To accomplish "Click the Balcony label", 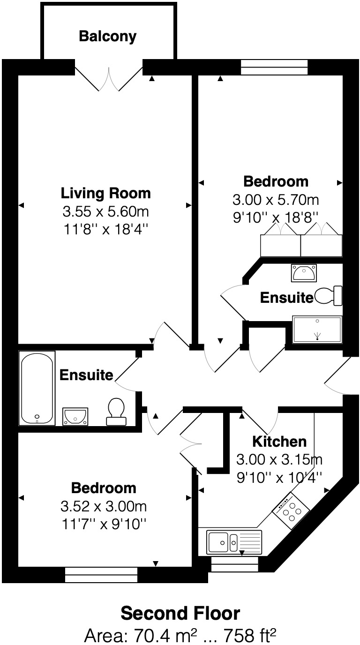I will click(108, 36).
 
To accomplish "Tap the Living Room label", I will click(106, 193).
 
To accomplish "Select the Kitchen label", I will click(279, 441).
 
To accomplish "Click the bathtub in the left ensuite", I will click(37, 388).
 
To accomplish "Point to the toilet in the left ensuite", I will click(116, 411).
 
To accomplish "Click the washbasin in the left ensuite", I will click(75, 415).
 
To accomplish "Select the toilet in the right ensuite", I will click(329, 296).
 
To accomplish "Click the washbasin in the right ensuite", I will click(304, 272).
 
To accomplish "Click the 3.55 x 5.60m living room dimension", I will click(106, 212).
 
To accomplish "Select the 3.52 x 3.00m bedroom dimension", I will click(104, 507).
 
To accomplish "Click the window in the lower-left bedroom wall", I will click(101, 575).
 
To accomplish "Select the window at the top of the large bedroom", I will click(274, 67).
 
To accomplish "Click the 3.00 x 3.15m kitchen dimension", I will click(279, 459).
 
